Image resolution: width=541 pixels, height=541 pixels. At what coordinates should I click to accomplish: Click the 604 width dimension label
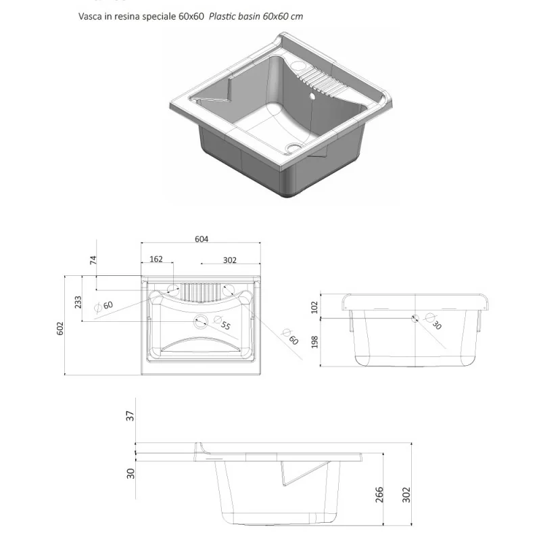pos(202,239)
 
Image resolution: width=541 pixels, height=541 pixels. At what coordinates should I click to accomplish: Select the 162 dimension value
pos(156,259)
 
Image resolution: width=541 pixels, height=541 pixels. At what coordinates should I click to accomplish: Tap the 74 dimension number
pos(93,260)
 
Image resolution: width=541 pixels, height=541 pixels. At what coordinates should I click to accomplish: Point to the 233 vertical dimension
pos(78,302)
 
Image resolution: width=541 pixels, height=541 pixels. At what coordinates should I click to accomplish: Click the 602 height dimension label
pos(60,328)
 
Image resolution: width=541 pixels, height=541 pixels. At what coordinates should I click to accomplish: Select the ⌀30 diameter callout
pos(433,321)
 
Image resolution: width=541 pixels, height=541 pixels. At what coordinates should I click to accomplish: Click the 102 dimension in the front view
pos(314,308)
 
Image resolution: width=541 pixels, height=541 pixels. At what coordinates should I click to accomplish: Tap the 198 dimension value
pos(314,342)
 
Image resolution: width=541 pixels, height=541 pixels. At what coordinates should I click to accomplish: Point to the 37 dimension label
pos(130,416)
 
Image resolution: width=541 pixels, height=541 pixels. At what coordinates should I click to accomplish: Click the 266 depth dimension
pos(379,494)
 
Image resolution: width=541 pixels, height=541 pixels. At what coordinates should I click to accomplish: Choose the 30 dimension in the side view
pos(131,473)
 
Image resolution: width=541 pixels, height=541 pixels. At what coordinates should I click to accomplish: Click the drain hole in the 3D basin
pos(293,147)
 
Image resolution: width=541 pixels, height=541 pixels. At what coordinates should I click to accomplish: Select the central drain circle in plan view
pos(200,322)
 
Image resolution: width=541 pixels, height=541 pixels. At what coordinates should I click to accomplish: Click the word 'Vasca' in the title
pos(90,16)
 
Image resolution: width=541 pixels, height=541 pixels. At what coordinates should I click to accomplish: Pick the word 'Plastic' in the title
pos(222,16)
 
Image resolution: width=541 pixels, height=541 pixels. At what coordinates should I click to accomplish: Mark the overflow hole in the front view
pos(415,318)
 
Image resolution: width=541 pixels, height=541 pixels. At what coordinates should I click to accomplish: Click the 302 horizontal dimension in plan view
pos(229,260)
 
